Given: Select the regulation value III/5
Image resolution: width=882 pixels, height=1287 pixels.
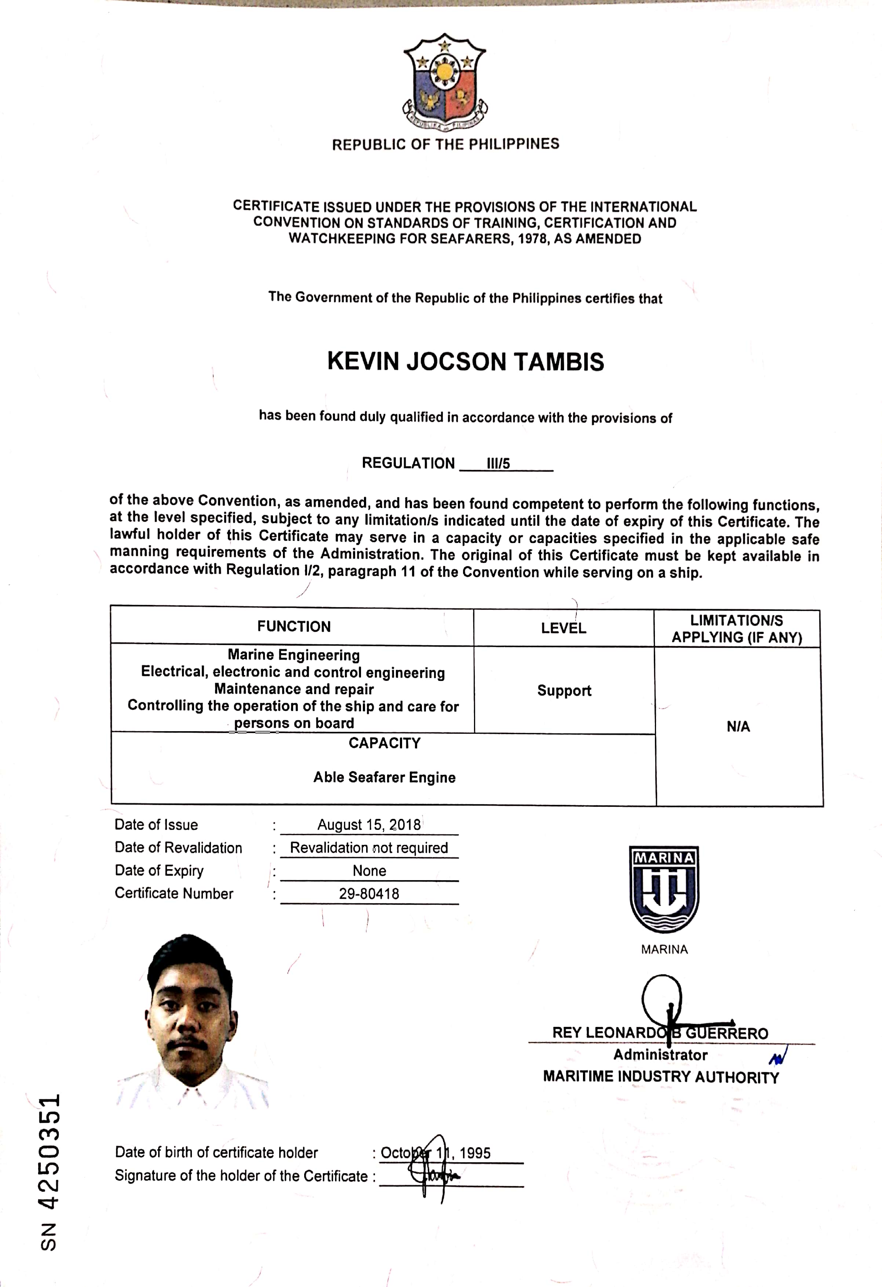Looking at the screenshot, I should tap(498, 463).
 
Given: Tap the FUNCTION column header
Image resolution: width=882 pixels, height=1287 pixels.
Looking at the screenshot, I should tap(294, 626).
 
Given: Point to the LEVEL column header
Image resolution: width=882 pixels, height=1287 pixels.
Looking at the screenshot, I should tap(563, 628).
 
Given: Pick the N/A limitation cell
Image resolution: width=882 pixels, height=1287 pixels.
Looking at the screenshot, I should tap(738, 726).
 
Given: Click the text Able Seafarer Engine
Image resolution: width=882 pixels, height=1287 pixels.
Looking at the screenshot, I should tap(384, 777).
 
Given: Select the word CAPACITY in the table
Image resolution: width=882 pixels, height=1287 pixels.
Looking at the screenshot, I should tap(384, 743).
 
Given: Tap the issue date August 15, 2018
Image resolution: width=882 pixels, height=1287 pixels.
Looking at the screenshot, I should tap(369, 825).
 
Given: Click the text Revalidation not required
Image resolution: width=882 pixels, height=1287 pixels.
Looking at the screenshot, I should tap(369, 848).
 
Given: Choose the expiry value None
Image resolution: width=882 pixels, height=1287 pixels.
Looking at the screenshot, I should tap(369, 871).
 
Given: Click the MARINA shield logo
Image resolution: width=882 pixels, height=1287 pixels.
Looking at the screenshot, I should tap(664, 889).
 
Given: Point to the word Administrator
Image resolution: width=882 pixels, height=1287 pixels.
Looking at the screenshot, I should tap(660, 1055).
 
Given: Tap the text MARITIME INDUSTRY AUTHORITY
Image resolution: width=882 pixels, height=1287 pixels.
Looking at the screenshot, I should tap(660, 1077).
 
